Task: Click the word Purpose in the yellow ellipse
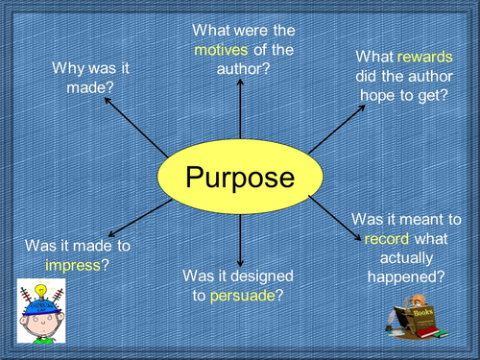(239, 178)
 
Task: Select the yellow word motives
(218, 50)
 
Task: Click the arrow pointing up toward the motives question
(239, 110)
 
